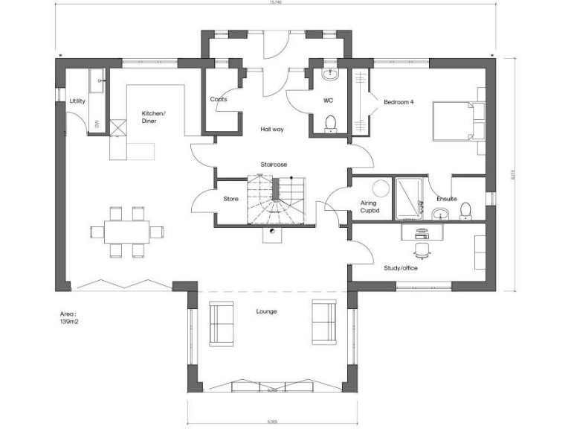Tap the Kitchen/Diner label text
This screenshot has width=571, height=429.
click(154, 118)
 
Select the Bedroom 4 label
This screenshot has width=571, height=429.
click(397, 101)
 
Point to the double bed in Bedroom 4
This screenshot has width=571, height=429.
click(458, 121)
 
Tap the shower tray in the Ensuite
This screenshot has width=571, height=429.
click(408, 199)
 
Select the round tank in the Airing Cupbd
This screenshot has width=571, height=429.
click(381, 188)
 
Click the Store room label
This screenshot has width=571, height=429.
click(230, 199)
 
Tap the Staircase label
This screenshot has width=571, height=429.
click(274, 165)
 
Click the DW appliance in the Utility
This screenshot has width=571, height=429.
click(97, 124)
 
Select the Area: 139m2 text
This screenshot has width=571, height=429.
click(70, 319)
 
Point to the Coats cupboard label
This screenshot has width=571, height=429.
click(219, 99)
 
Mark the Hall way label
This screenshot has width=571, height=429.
click(271, 129)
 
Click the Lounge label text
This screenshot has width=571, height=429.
click(266, 311)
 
